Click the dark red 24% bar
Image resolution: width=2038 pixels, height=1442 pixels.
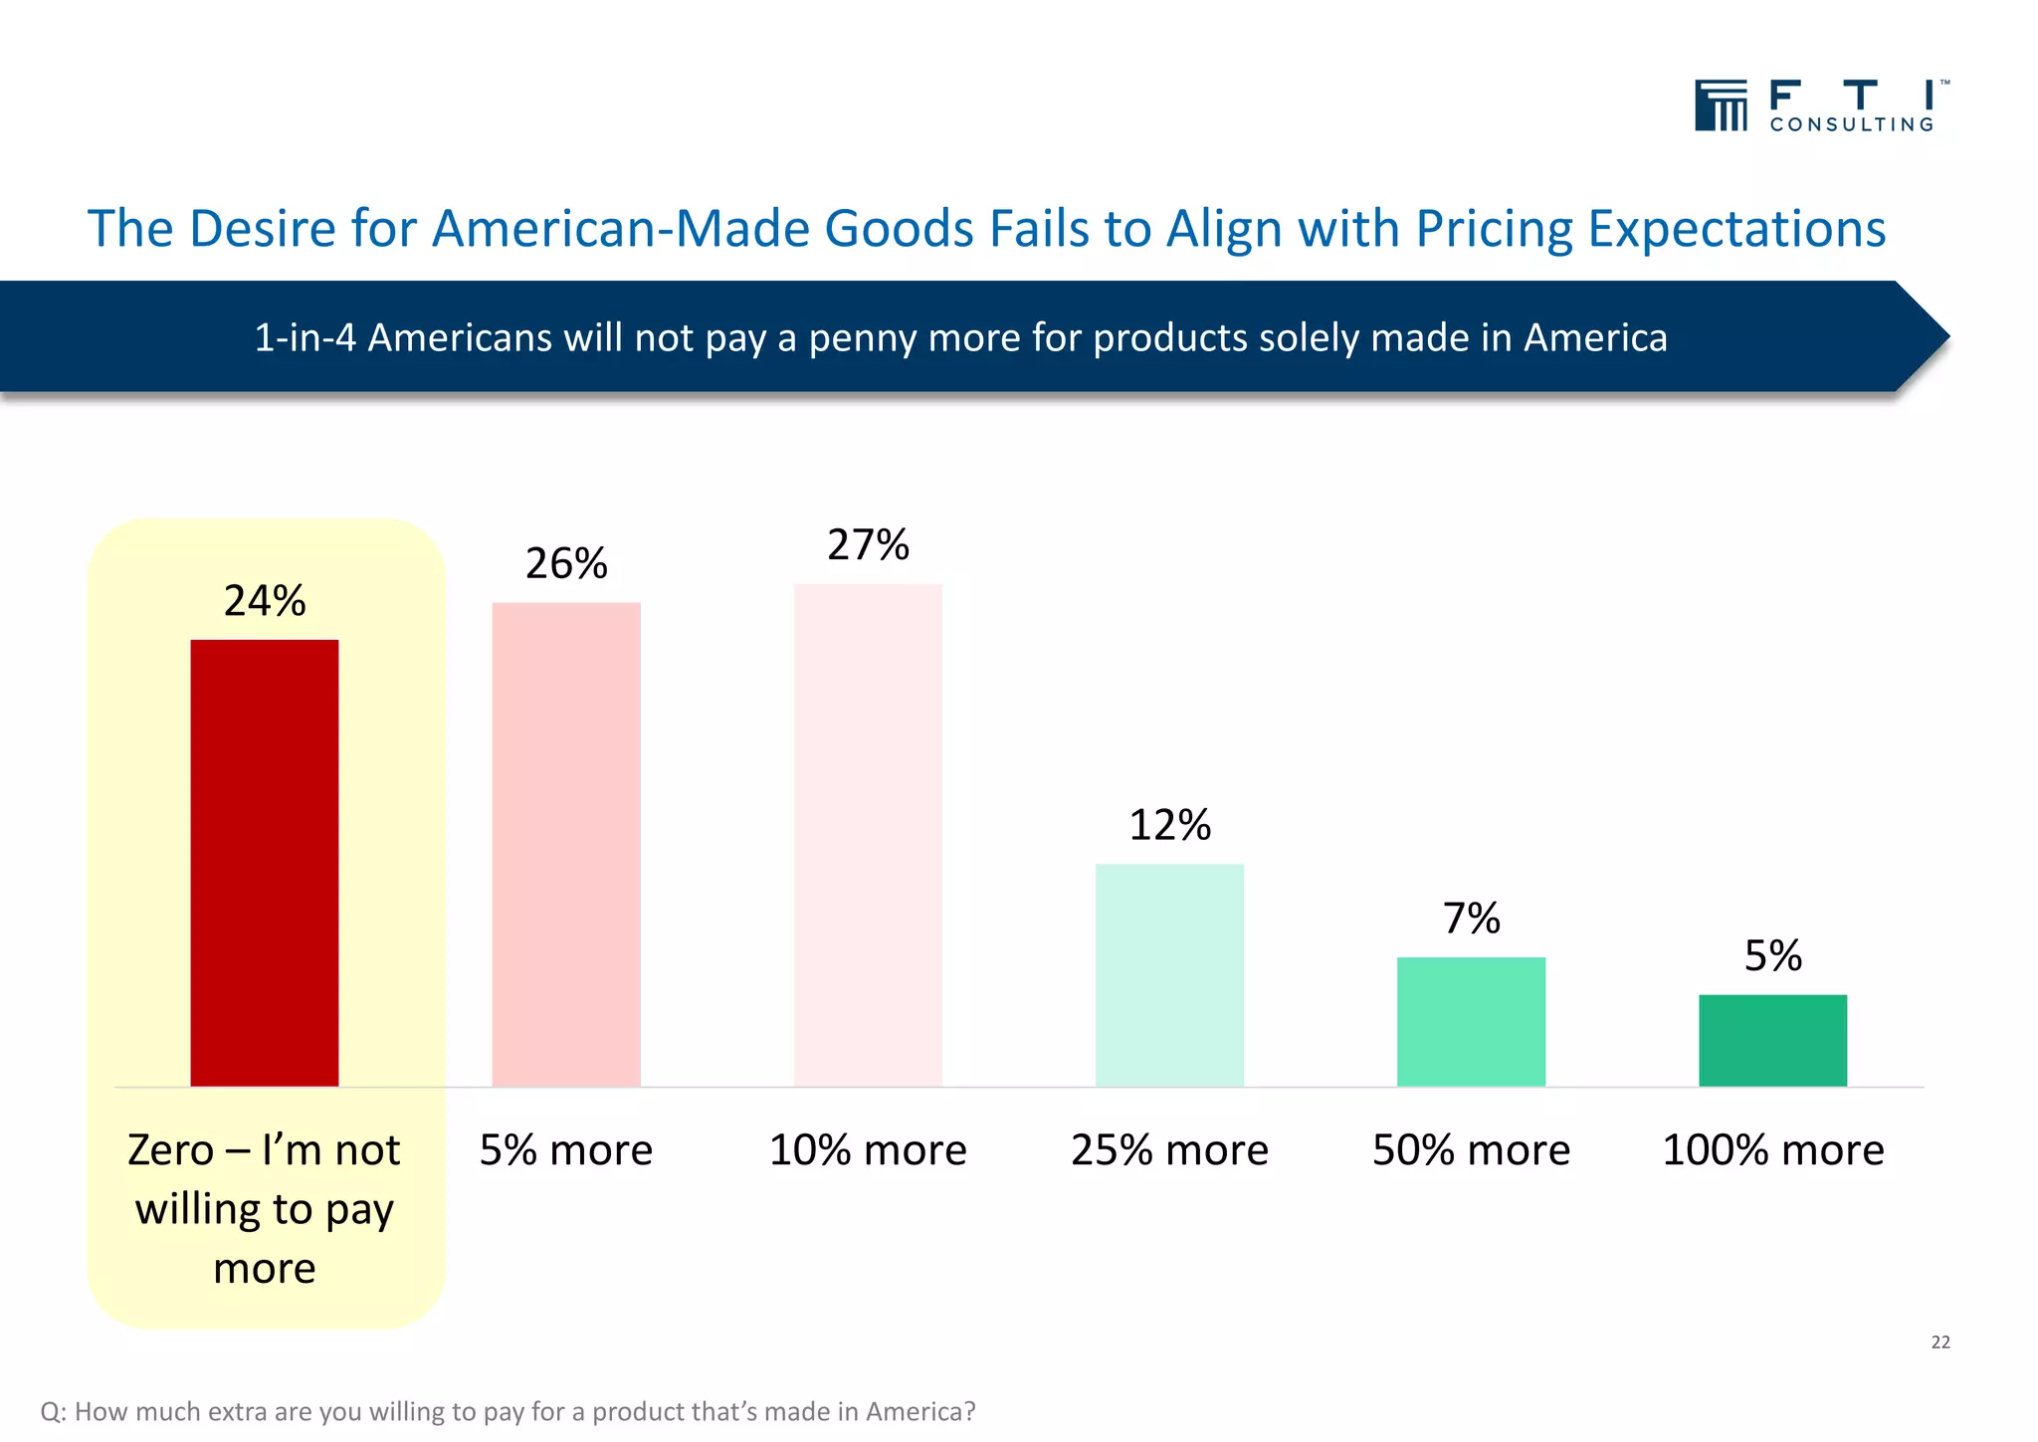point(264,862)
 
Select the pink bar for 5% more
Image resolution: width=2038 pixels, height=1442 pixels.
point(565,844)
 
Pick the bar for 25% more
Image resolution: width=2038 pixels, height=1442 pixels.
point(1169,974)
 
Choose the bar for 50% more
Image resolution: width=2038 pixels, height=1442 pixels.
point(1471,1021)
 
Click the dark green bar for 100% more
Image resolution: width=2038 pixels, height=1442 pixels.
point(1772,1040)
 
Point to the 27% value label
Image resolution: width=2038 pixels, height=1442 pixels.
point(868,545)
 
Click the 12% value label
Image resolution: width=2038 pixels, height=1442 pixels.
point(1169,825)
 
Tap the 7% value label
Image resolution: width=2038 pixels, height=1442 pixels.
point(1471,919)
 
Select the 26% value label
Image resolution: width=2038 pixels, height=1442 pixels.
point(565,564)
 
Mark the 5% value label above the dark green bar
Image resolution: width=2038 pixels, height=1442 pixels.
point(1772,956)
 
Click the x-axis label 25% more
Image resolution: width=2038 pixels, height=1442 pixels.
point(1169,1150)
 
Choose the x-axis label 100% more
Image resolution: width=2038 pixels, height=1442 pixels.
point(1772,1150)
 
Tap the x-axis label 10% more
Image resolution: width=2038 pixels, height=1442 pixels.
point(868,1150)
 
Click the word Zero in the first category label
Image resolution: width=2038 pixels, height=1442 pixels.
point(170,1150)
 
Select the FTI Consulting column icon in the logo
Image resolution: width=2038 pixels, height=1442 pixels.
point(1721,105)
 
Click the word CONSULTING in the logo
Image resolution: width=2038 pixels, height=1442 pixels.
point(1851,124)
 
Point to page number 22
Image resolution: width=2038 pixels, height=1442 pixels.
point(1939,1342)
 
